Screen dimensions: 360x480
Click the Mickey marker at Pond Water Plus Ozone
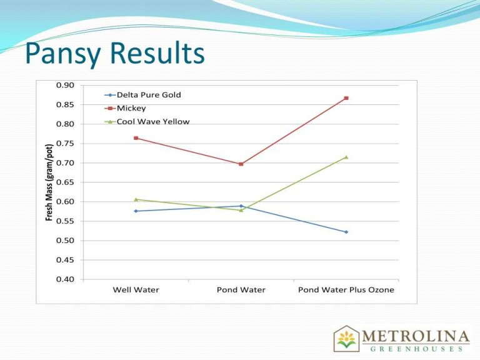(x=346, y=98)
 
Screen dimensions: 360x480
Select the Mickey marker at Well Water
(x=136, y=138)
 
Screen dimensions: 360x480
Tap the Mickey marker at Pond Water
(x=241, y=164)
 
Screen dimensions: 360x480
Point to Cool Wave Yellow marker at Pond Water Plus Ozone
(x=346, y=157)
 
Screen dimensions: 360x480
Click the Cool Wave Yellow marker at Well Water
(x=136, y=199)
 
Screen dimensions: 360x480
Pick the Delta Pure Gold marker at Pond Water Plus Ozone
(x=346, y=232)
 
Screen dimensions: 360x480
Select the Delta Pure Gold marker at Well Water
(x=136, y=211)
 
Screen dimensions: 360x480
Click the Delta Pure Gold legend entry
(x=149, y=95)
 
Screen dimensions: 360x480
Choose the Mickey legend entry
(x=131, y=108)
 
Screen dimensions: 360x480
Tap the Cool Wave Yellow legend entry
(x=152, y=121)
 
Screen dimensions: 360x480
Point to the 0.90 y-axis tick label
(x=65, y=85)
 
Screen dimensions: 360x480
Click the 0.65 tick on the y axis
(x=65, y=182)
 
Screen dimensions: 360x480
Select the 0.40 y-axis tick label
(x=65, y=279)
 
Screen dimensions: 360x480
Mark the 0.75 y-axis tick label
(x=65, y=144)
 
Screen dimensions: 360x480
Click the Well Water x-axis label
(x=136, y=290)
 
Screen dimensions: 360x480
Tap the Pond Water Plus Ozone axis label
(x=346, y=290)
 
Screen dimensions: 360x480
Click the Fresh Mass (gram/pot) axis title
(x=49, y=182)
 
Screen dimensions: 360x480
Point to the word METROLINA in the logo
(x=416, y=334)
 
